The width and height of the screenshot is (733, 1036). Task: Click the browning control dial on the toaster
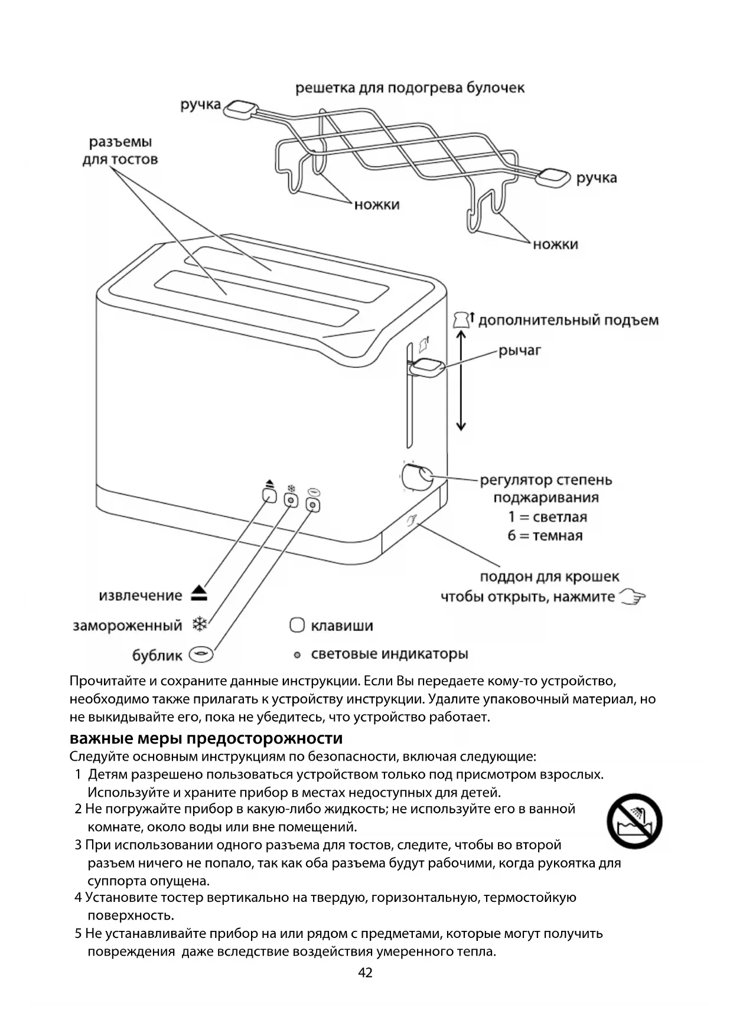[x=416, y=477]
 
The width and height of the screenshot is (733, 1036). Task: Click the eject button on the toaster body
[x=269, y=495]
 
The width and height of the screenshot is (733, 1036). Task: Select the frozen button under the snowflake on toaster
[x=291, y=501]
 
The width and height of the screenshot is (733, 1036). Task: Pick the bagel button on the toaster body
[x=313, y=505]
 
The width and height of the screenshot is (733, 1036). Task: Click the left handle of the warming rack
[x=241, y=109]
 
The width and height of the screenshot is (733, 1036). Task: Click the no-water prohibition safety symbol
[x=634, y=821]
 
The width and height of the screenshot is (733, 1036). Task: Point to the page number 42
[x=366, y=973]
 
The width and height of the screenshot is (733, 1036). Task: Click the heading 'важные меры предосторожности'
[x=206, y=738]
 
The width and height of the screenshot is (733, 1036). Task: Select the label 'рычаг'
[x=520, y=350]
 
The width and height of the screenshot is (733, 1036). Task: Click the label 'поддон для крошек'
[x=549, y=576]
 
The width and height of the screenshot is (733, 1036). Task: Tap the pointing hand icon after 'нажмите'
[x=632, y=597]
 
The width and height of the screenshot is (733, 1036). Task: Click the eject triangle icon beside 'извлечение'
[x=200, y=594]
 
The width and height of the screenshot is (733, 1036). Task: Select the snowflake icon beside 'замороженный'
[x=200, y=624]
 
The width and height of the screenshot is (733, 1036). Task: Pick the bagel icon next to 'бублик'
[x=201, y=654]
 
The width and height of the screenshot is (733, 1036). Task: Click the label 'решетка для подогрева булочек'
[x=409, y=88]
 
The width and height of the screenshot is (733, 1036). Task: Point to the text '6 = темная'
[x=545, y=536]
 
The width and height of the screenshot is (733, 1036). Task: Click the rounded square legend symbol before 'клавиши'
[x=297, y=625]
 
